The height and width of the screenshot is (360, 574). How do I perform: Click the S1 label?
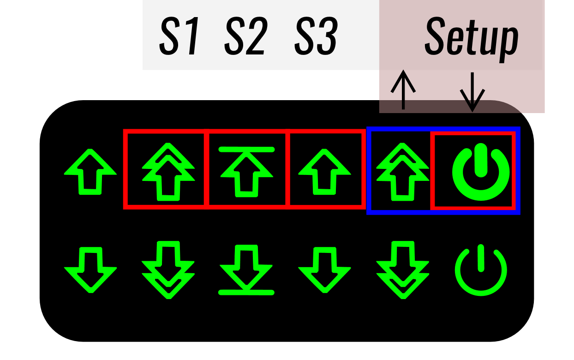tap(179, 36)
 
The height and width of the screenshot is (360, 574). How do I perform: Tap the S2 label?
tap(246, 36)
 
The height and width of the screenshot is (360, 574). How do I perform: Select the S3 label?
tap(316, 36)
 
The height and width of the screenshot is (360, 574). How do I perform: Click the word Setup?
tap(472, 38)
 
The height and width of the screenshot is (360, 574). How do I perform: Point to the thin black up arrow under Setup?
tap(403, 90)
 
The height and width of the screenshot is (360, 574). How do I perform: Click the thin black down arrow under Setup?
tap(472, 92)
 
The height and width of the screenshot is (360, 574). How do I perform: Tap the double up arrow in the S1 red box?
tap(168, 172)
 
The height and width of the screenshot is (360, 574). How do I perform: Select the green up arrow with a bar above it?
tap(246, 172)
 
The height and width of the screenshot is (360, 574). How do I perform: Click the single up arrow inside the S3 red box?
tap(324, 172)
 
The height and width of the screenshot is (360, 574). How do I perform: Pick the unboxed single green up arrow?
tap(90, 172)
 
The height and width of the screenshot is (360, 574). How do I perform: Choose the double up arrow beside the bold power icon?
tap(402, 172)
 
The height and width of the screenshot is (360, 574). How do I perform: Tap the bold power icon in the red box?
tap(481, 172)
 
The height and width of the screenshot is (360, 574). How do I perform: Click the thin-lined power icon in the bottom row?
tap(481, 270)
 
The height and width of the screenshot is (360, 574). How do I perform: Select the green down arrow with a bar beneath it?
tap(246, 270)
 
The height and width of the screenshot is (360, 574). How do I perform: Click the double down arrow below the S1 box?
tap(168, 270)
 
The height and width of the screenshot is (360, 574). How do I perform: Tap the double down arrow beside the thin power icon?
tap(402, 270)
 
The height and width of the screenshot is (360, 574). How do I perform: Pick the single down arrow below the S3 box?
tap(324, 270)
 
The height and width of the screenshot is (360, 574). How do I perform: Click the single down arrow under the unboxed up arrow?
tap(90, 270)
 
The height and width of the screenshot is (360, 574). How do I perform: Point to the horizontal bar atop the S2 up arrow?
tap(246, 150)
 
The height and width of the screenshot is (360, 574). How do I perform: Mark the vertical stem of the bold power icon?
tap(481, 160)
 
